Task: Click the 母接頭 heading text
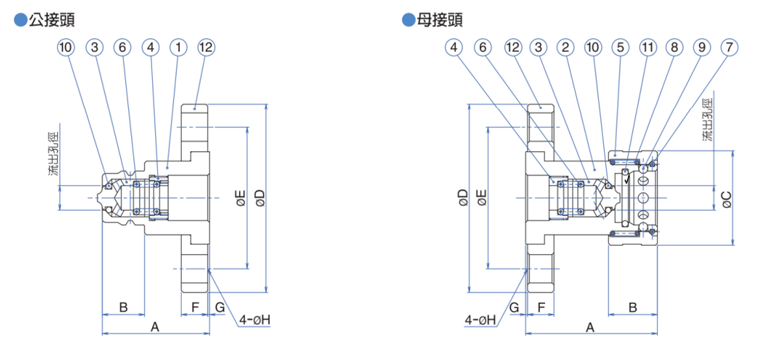(441, 19)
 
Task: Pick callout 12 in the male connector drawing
(206, 47)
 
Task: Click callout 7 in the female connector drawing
(730, 47)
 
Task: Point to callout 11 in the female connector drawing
(648, 47)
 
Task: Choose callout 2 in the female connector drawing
(566, 47)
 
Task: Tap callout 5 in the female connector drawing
(621, 47)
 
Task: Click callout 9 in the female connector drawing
(702, 47)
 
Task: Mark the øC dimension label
(727, 199)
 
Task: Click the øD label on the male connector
(260, 198)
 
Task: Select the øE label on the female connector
(481, 198)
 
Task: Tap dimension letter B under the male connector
(123, 307)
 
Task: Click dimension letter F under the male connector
(194, 307)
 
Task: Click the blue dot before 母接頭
(408, 20)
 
